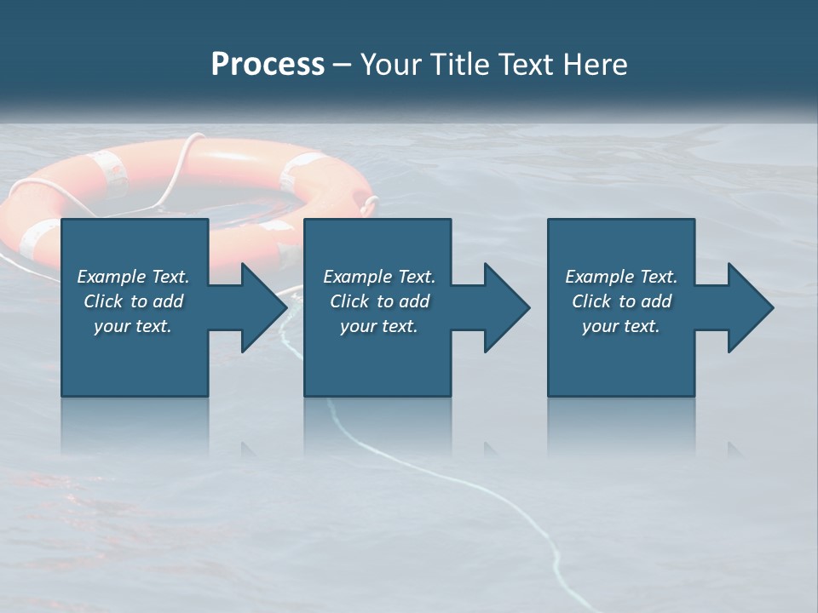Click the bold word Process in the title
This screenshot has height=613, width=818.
click(268, 65)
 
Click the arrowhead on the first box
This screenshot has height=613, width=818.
click(263, 307)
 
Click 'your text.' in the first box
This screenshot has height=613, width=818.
click(133, 326)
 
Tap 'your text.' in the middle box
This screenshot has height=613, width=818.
click(379, 326)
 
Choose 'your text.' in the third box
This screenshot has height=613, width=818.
click(621, 326)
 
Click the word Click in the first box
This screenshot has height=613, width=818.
click(104, 301)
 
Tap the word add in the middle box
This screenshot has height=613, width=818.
click(414, 301)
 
